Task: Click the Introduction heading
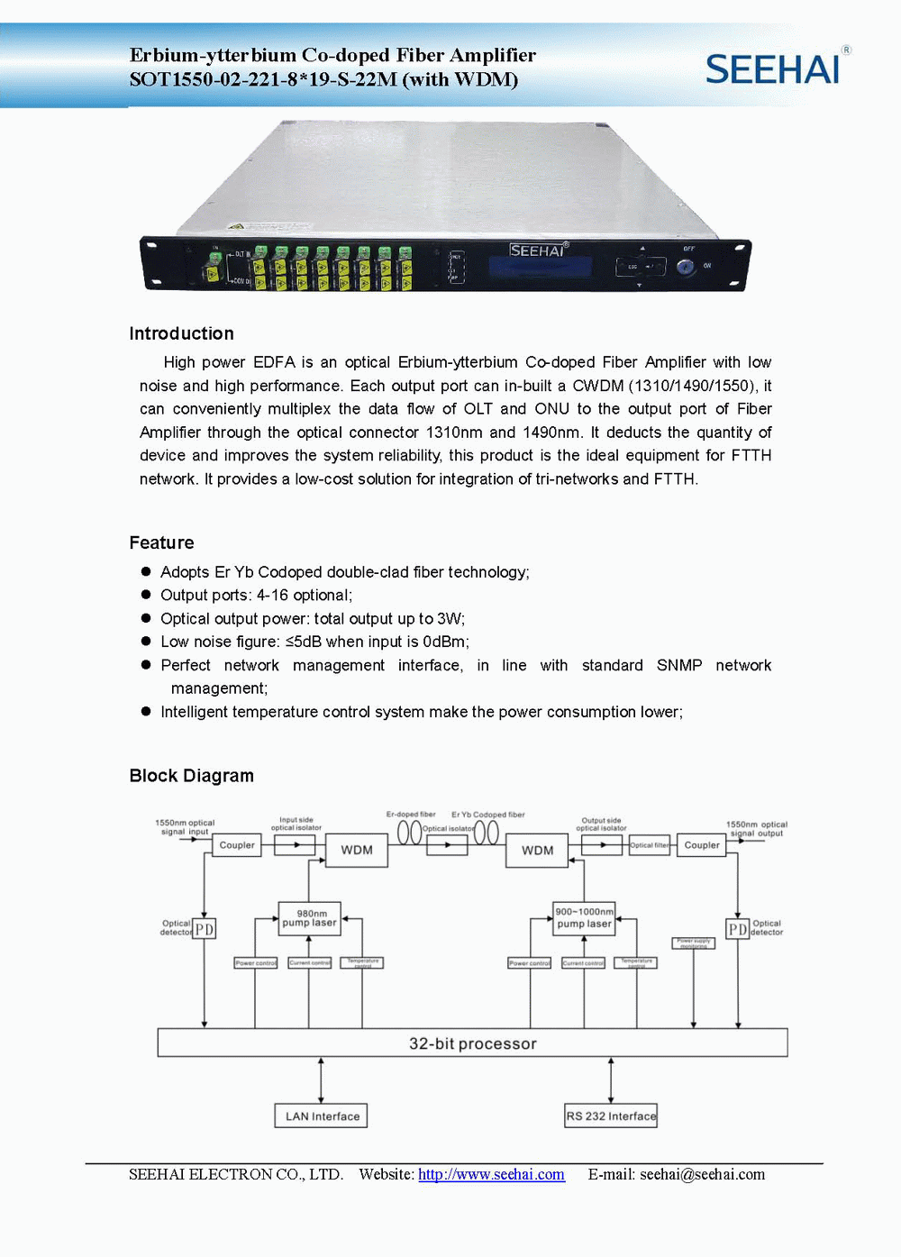(181, 333)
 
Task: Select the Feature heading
(161, 542)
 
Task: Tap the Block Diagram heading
(191, 776)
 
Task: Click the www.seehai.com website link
(491, 1174)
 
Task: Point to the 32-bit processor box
(472, 1043)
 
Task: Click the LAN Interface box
(321, 1116)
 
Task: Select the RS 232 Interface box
(611, 1116)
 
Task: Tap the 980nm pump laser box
(310, 918)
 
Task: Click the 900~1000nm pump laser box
(584, 918)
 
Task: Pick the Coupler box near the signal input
(237, 845)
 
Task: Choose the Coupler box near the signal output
(702, 845)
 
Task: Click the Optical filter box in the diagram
(650, 845)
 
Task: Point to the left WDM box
(357, 850)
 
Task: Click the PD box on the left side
(205, 928)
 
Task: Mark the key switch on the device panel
(686, 268)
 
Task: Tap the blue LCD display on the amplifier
(541, 268)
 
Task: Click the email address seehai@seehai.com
(702, 1174)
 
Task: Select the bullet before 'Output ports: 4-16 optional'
(146, 595)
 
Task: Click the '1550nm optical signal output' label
(756, 829)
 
